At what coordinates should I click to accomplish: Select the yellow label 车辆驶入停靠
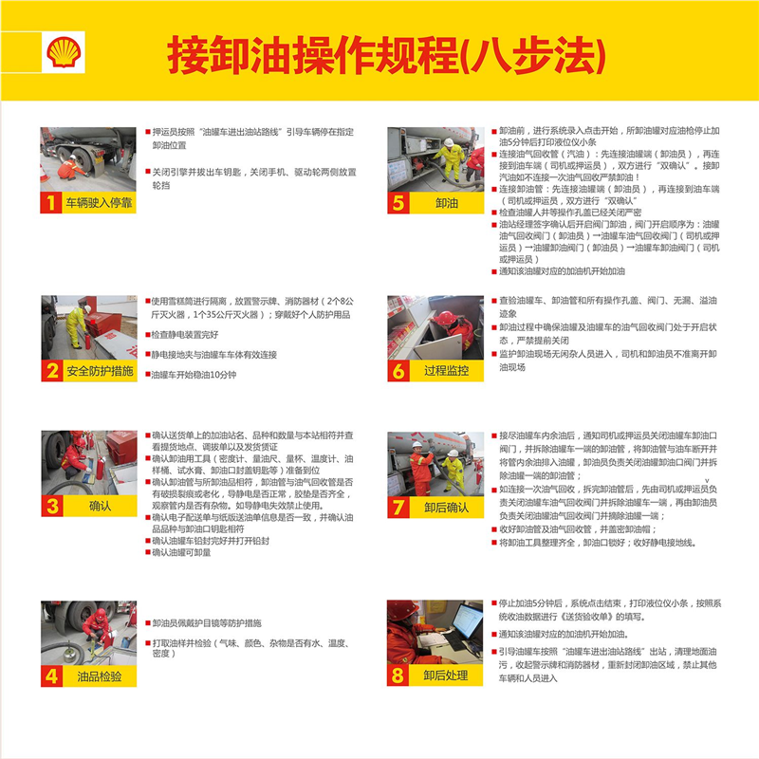(100, 202)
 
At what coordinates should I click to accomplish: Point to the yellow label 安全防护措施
(100, 371)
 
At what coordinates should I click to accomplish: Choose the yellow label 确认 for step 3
(100, 507)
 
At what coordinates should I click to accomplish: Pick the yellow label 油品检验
(100, 676)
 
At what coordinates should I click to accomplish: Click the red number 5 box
(398, 202)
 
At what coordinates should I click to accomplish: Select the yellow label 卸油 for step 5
(447, 202)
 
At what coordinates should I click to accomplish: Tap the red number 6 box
(398, 371)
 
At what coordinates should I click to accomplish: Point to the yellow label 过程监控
(447, 371)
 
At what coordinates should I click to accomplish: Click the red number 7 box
(398, 507)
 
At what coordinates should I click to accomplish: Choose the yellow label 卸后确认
(447, 507)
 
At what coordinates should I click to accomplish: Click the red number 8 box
(398, 676)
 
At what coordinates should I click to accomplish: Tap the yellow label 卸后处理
(447, 676)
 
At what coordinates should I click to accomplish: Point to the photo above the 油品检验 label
(88, 632)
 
